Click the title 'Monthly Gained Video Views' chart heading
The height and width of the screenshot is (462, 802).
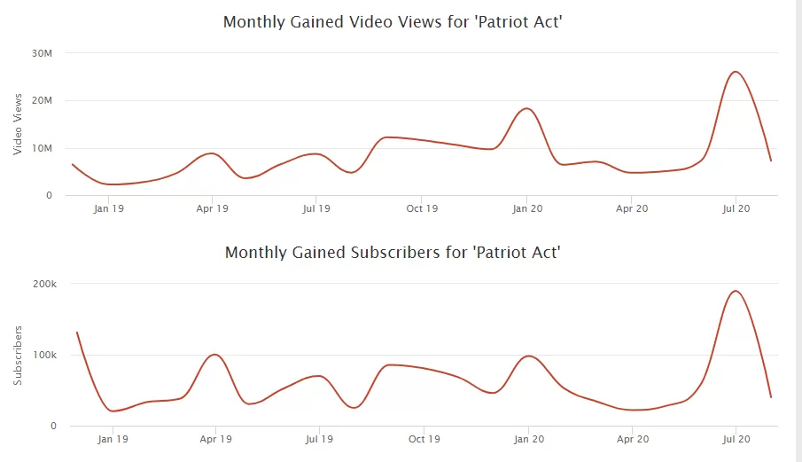pyautogui.click(x=393, y=21)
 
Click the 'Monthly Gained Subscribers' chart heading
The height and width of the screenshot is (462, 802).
pyautogui.click(x=393, y=253)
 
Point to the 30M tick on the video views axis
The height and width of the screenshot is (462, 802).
pyautogui.click(x=43, y=53)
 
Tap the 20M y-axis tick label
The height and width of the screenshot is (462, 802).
pyautogui.click(x=43, y=101)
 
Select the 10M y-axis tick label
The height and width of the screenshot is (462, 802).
pyautogui.click(x=43, y=148)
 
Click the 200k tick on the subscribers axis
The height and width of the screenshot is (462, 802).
pyautogui.click(x=44, y=285)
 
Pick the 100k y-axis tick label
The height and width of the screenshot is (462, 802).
pyautogui.click(x=44, y=355)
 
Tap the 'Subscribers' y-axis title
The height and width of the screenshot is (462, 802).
pyautogui.click(x=18, y=355)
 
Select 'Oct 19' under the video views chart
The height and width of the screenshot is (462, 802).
pyautogui.click(x=422, y=209)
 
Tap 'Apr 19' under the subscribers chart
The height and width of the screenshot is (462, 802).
pyautogui.click(x=214, y=439)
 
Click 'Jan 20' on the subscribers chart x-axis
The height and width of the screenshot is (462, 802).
pyautogui.click(x=528, y=439)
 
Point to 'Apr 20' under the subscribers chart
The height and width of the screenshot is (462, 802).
pyautogui.click(x=632, y=439)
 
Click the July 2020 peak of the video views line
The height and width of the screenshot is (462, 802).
pyautogui.click(x=735, y=72)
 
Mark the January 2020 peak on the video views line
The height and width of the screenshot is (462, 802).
pyautogui.click(x=526, y=108)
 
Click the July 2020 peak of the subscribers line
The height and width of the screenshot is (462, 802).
pyautogui.click(x=735, y=291)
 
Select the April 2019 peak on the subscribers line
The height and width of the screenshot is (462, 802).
pyautogui.click(x=214, y=355)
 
